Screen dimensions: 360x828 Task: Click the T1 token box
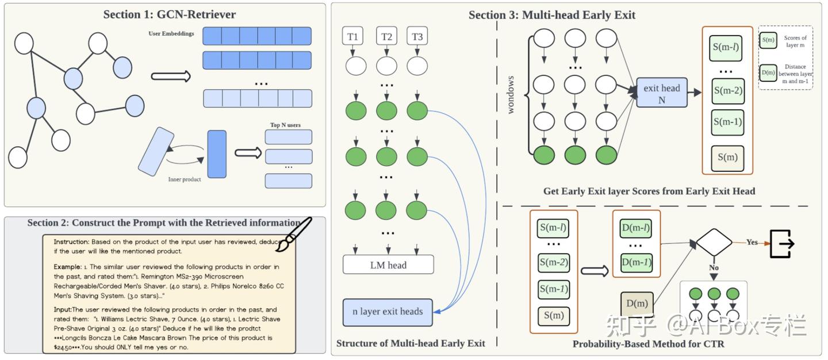coord(352,37)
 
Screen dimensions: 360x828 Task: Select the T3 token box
coord(417,37)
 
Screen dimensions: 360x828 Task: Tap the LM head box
coord(388,265)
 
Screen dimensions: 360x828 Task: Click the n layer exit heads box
coord(387,312)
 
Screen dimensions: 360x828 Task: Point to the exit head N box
coord(661,93)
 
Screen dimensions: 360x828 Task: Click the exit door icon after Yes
coord(783,243)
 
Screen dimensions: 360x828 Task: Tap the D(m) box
coord(637,304)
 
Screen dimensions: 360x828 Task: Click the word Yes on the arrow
coord(752,242)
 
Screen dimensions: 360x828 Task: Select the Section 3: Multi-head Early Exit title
coord(552,15)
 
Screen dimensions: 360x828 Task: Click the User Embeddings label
coord(171,33)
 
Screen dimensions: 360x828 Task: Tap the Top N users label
coord(285,125)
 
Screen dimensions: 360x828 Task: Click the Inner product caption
coord(184,179)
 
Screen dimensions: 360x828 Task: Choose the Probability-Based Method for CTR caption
coord(648,344)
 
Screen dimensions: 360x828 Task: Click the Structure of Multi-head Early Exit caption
coord(411,343)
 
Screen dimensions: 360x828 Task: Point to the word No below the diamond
coord(714,268)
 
